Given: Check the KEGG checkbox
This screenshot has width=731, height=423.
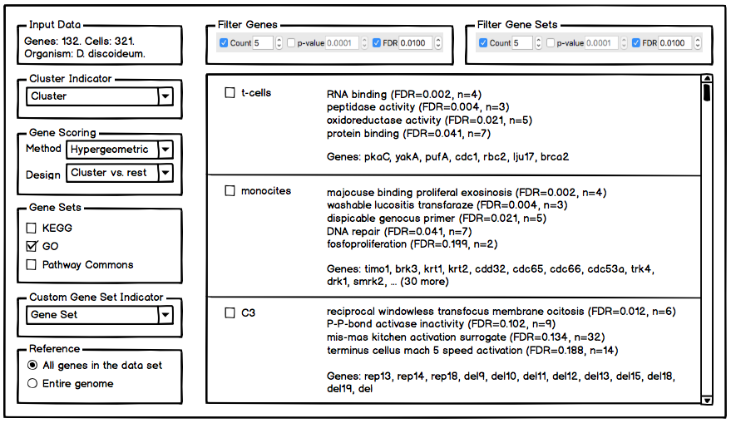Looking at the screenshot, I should [32, 228].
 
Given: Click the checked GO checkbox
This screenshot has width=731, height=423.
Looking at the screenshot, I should [32, 246].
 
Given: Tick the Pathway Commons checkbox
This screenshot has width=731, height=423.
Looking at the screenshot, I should [32, 265].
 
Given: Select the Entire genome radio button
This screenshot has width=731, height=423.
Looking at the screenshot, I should [32, 384].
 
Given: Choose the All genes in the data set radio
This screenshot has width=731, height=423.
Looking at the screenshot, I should [32, 366].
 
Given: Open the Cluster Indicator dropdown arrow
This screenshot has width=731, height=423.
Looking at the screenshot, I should [165, 96].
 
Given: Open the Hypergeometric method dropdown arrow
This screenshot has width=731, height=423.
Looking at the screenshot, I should [165, 150].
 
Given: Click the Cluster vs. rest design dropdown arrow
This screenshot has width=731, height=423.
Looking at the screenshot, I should [165, 173].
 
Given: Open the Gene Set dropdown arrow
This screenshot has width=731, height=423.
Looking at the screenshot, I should [165, 315].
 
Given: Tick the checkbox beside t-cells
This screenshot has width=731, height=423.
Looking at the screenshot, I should [230, 93].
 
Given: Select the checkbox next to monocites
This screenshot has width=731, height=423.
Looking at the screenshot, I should [230, 191].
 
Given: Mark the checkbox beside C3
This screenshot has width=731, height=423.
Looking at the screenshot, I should [230, 313].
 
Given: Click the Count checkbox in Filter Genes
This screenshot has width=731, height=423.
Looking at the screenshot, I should [224, 43].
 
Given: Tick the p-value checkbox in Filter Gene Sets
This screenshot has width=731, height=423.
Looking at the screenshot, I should [551, 43].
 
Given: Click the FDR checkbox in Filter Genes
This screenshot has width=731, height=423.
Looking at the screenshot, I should [378, 43].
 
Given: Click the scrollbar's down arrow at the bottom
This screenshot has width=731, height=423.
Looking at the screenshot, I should [707, 400].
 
